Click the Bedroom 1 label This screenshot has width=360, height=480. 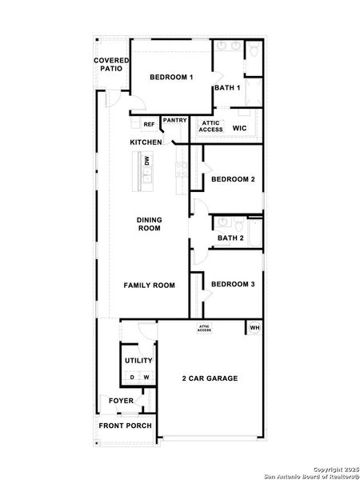172,78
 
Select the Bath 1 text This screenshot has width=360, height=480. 227,88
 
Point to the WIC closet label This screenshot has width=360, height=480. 239,128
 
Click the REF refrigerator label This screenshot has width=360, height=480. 149,125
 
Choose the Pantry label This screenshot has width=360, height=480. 174,121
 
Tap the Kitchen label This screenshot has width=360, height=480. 146,142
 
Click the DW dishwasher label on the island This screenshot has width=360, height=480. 147,161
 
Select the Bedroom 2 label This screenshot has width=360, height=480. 233,179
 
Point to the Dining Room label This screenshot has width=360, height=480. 149,224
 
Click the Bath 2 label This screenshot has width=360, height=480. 230,238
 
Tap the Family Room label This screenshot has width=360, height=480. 149,285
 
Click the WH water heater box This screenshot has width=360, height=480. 254,328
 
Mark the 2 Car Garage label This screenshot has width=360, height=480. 210,378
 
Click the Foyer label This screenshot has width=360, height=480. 122,401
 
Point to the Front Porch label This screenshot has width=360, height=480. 124,426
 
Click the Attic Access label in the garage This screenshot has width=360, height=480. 205,328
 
